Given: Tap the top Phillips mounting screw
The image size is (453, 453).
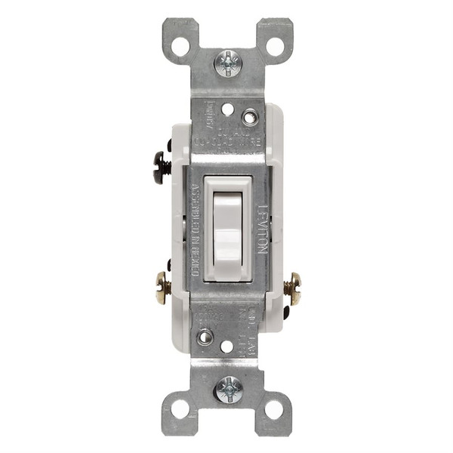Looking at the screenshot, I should click(227, 63).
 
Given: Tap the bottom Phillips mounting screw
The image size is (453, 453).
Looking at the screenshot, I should click(227, 390).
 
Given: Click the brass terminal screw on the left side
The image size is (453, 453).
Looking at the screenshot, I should click(162, 288).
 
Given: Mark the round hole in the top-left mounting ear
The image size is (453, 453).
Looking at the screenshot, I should click(180, 46).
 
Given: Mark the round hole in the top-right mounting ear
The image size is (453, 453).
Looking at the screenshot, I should click(275, 46).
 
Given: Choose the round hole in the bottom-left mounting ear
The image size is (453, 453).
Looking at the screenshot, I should click(180, 408).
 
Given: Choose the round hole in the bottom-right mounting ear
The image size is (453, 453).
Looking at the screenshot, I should click(275, 408).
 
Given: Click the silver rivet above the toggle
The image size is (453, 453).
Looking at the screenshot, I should click(249, 118).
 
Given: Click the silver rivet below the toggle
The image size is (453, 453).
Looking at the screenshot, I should click(205, 337).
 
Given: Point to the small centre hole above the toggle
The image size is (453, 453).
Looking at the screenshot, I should click(227, 109).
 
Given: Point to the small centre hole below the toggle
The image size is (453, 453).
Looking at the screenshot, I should click(227, 346).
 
